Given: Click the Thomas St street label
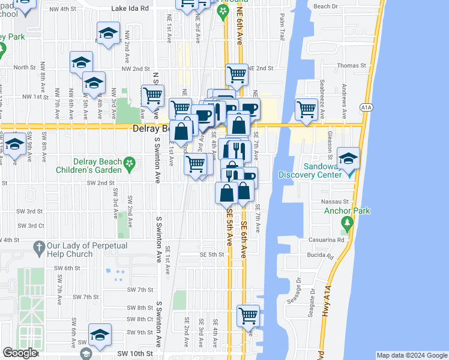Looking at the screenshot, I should click(x=351, y=65).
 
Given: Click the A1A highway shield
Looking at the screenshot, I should click(x=366, y=107).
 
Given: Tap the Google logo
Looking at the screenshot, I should click(x=19, y=353).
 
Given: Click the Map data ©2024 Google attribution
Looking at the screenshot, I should click(x=412, y=355).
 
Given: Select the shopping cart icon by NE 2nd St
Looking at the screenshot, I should click(x=237, y=75).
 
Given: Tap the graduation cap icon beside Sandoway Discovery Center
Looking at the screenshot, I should click(x=348, y=158).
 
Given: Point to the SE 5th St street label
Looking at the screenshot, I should click(x=212, y=254).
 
